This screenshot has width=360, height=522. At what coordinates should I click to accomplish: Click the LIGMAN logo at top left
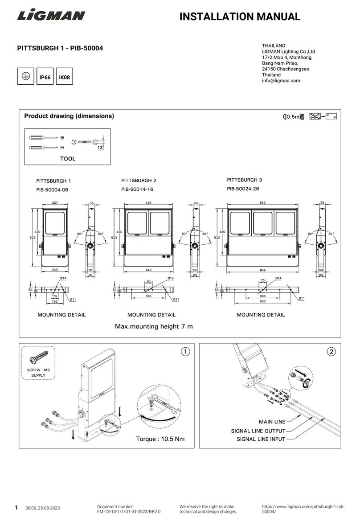51,16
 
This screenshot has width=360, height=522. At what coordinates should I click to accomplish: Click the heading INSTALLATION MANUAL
240,17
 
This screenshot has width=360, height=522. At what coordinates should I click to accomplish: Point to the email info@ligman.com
281,81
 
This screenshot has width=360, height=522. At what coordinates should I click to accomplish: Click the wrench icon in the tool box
85,141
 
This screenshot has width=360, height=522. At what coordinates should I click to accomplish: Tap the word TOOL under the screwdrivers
68,159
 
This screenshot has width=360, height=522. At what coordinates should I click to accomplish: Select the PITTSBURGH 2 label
139,181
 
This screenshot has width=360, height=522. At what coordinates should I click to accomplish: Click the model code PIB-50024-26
243,189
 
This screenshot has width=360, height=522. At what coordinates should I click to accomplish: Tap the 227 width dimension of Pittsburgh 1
55,203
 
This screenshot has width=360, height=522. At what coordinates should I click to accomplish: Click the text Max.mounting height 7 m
154,326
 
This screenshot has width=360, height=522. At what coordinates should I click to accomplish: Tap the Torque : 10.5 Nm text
160,439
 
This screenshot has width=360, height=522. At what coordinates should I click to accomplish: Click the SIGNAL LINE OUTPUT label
258,431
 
